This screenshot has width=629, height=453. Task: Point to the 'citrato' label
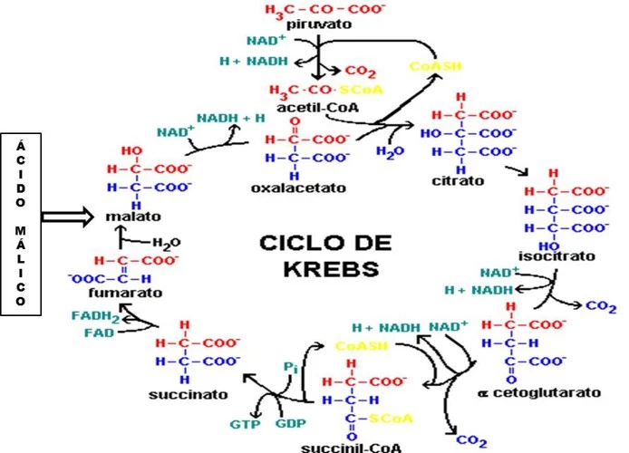pos(459,181)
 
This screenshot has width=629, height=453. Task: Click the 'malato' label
pos(131,217)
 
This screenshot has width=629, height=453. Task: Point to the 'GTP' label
pos(242,423)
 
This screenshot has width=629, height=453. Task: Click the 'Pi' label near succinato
pos(290,366)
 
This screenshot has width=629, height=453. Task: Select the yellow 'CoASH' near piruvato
pos(430,67)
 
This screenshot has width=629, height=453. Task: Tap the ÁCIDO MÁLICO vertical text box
pos(20,223)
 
